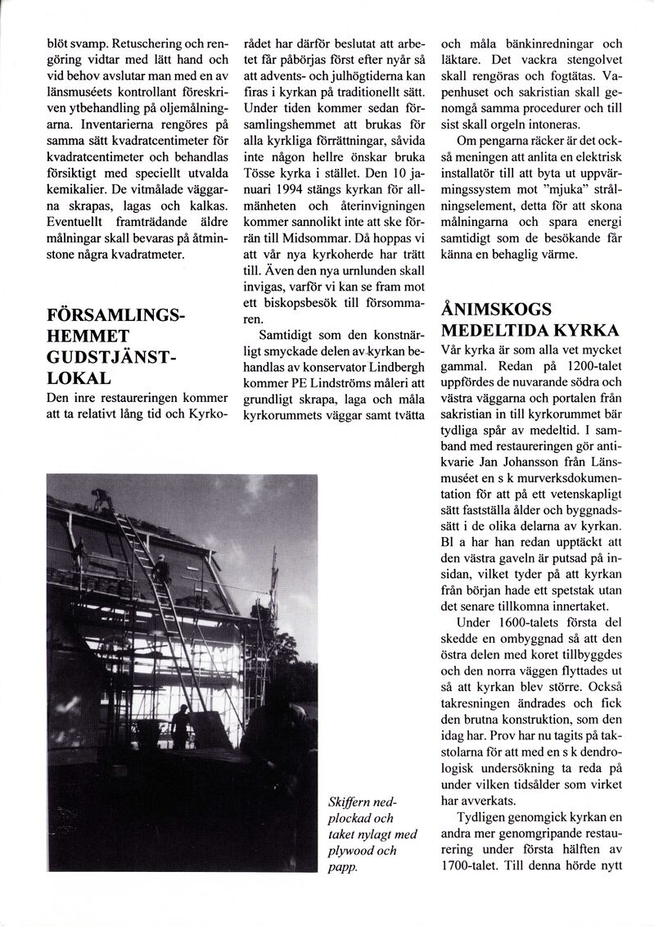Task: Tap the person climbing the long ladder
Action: pyautogui.click(x=162, y=565)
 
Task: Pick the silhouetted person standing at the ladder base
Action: pyautogui.click(x=180, y=724)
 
